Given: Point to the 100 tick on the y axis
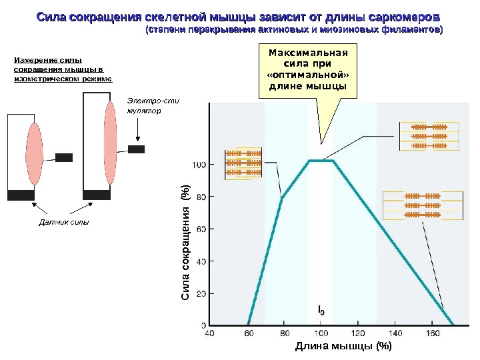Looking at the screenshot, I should (199, 164).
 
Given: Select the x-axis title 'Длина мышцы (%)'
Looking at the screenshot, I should (343, 345).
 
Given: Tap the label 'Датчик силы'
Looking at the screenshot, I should (62, 221).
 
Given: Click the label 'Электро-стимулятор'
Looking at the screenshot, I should (144, 106).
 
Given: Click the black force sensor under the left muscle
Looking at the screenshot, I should (21, 195).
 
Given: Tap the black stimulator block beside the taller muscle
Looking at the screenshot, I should (136, 149).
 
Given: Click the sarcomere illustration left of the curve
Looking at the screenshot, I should (244, 163).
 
